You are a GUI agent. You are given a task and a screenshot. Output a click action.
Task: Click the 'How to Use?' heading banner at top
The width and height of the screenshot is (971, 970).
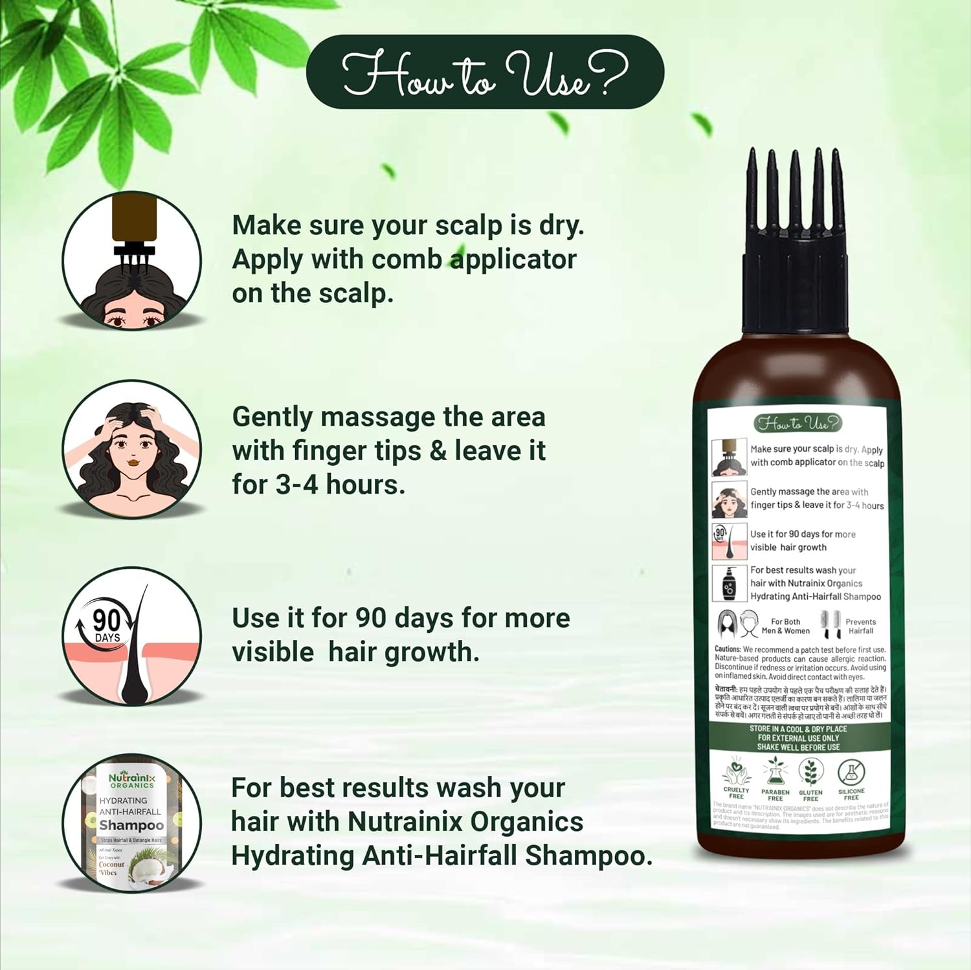[485, 72]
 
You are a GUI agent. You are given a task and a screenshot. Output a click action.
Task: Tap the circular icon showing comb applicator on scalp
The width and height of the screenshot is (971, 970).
[132, 261]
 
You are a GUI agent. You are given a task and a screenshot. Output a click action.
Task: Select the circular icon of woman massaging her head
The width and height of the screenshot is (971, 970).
[132, 449]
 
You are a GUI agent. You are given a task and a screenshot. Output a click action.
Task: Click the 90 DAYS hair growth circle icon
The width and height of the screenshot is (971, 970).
[132, 637]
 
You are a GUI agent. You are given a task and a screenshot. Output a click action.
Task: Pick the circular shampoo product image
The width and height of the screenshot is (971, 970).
[132, 823]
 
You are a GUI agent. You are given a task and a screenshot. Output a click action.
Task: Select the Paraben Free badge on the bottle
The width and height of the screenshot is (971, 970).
[775, 780]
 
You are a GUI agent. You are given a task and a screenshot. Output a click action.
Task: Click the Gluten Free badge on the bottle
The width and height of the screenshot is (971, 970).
[810, 780]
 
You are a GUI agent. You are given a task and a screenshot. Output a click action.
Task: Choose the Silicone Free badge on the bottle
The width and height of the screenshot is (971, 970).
[851, 779]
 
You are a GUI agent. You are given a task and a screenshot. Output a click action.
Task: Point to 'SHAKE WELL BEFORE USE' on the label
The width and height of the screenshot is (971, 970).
[798, 747]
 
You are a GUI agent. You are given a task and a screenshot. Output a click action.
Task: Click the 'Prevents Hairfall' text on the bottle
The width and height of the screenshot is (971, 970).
[860, 626]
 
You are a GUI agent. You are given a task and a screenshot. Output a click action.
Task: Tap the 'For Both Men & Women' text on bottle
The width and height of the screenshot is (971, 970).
[785, 626]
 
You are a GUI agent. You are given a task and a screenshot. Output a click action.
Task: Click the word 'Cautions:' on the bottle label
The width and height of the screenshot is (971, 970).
[728, 649]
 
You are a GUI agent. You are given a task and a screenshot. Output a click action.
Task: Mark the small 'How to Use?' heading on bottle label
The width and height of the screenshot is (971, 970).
[798, 423]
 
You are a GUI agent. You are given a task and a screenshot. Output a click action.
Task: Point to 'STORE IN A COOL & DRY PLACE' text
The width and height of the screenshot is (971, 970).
[798, 729]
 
